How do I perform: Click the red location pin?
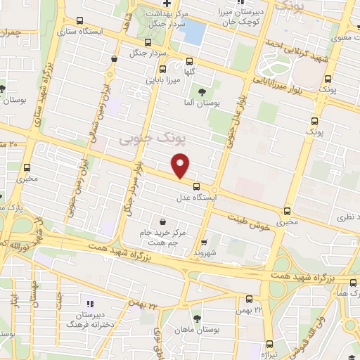pyautogui.click(x=181, y=166)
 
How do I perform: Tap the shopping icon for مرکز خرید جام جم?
pyautogui.click(x=163, y=221)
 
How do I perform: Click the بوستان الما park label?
pyautogui.click(x=202, y=103)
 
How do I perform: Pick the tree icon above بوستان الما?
pyautogui.click(x=202, y=91)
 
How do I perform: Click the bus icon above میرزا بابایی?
pyautogui.click(x=162, y=70)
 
